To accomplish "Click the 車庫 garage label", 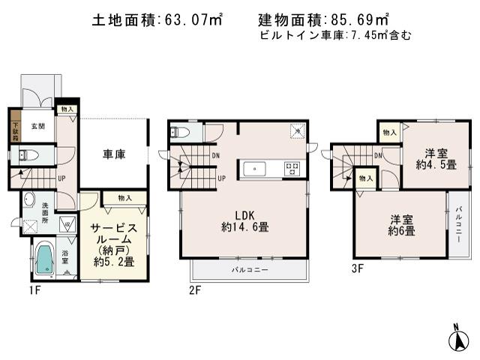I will point(113,154).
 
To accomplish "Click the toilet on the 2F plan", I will point(177,132).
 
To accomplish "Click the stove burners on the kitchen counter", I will point(291,169).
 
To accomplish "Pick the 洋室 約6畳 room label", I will point(402,224).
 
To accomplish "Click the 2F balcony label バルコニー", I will point(249,268).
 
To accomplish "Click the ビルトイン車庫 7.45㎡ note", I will point(334,35).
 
